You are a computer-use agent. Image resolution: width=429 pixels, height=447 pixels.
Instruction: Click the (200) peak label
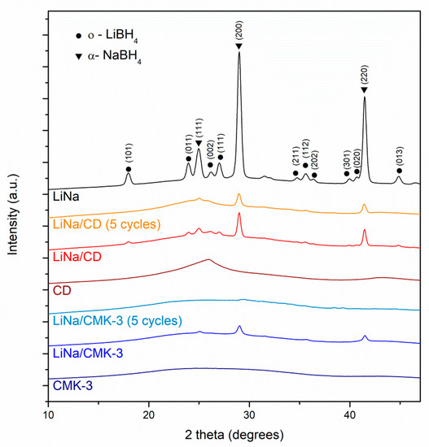(239, 34)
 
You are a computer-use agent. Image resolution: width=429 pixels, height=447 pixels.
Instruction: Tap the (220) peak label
(364, 78)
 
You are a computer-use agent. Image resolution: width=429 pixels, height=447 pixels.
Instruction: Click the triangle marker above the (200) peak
(239, 47)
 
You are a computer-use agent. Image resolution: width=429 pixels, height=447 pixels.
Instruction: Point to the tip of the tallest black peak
(239, 54)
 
